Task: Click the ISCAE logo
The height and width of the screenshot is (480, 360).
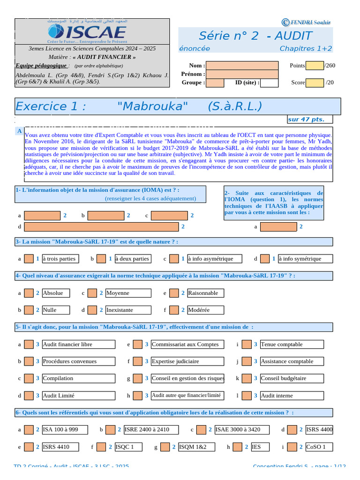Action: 87,32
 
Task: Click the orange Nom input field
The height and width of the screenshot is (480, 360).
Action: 242,66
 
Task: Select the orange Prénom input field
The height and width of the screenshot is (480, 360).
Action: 242,74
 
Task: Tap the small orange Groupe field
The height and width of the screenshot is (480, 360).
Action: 215,83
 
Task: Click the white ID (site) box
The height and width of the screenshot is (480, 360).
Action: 269,83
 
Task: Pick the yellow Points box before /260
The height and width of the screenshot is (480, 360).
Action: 314,66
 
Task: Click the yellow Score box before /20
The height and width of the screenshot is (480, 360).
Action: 314,83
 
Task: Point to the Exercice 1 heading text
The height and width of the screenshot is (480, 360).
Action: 139,106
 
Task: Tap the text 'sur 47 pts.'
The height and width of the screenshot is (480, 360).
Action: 306,120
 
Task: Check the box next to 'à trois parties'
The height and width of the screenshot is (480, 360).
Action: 29,259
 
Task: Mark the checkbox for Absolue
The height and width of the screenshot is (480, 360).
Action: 29,293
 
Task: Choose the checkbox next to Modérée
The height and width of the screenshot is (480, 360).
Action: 174,310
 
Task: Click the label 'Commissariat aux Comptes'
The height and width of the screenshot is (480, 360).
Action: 185,345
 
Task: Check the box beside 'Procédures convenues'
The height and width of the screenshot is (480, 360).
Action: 29,361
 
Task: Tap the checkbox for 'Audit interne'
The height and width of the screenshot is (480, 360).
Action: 247,396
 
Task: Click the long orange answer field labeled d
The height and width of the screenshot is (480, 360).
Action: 101,227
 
